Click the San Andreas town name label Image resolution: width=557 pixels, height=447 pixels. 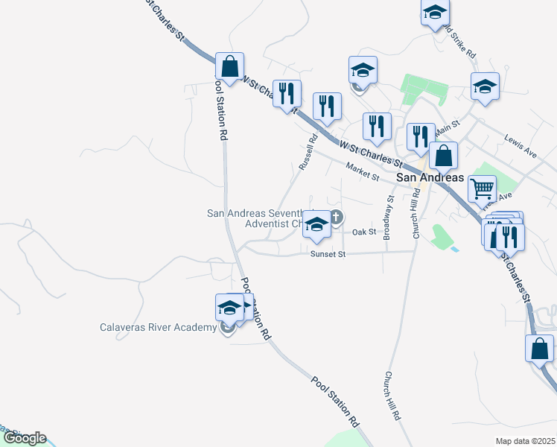tap(430, 178)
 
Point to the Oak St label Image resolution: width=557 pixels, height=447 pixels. tap(364, 232)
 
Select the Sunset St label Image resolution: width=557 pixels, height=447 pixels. tap(328, 254)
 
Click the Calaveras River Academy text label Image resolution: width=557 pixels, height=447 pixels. tap(158, 327)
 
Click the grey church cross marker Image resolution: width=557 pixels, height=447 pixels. tap(336, 218)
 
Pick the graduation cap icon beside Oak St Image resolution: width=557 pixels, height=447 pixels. tap(316, 225)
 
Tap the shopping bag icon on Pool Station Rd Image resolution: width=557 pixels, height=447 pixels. tap(230, 66)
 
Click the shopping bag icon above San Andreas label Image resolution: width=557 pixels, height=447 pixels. tap(443, 156)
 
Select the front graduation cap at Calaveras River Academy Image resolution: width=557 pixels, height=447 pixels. tap(229, 308)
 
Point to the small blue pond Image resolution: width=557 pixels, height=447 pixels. tap(454, 248)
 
